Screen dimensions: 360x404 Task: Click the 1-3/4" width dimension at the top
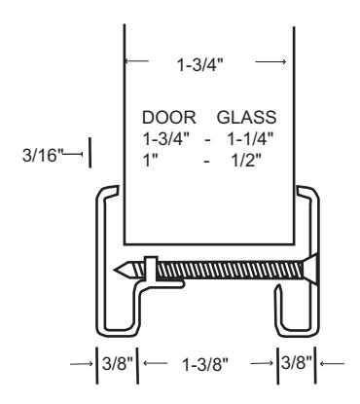(x=200, y=64)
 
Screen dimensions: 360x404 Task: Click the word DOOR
(x=169, y=117)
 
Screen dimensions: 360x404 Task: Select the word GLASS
(x=246, y=117)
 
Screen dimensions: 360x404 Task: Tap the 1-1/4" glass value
(x=250, y=139)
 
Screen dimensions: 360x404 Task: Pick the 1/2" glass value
(x=246, y=160)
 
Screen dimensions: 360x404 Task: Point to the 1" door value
(x=150, y=160)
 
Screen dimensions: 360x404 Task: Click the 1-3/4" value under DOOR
(x=166, y=139)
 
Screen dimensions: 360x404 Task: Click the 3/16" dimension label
(x=42, y=155)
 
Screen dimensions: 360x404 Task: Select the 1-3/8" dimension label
(x=205, y=364)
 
